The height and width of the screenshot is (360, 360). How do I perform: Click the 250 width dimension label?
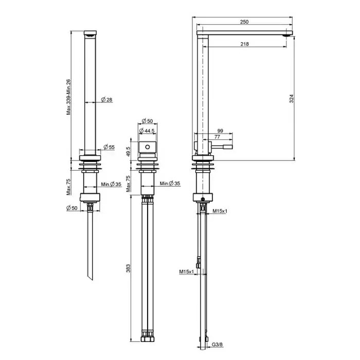(x=244, y=22)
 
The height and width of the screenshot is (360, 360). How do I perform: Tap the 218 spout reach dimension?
(x=244, y=44)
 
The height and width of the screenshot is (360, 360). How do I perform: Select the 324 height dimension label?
(x=292, y=99)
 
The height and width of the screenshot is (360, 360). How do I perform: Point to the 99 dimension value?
(x=220, y=131)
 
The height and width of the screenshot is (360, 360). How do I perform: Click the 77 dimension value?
(x=217, y=137)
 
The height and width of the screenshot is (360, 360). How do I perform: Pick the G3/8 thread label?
(x=217, y=345)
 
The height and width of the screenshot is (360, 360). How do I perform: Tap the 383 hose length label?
(x=128, y=268)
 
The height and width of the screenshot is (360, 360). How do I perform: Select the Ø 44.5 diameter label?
(x=147, y=131)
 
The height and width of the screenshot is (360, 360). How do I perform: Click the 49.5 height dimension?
(x=129, y=152)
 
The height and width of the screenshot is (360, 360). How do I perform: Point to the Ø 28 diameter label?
(x=107, y=100)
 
